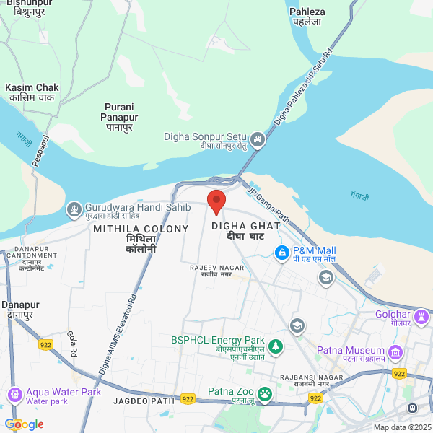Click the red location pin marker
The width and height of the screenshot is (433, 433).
[x=216, y=201]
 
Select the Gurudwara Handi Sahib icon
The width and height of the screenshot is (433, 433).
[x=73, y=209]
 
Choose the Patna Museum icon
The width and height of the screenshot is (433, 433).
[x=395, y=352]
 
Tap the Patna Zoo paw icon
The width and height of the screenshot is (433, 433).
[x=266, y=393]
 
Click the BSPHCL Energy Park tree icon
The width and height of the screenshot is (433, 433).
[x=274, y=346]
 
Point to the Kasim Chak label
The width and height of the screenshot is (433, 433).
[x=32, y=92]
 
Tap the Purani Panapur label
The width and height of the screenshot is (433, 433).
[x=120, y=111]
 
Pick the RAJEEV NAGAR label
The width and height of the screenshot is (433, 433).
[x=217, y=271]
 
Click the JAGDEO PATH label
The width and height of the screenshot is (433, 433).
[x=144, y=401]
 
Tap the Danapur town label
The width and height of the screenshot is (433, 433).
[x=19, y=310]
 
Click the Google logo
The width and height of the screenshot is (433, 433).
[x=24, y=424]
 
